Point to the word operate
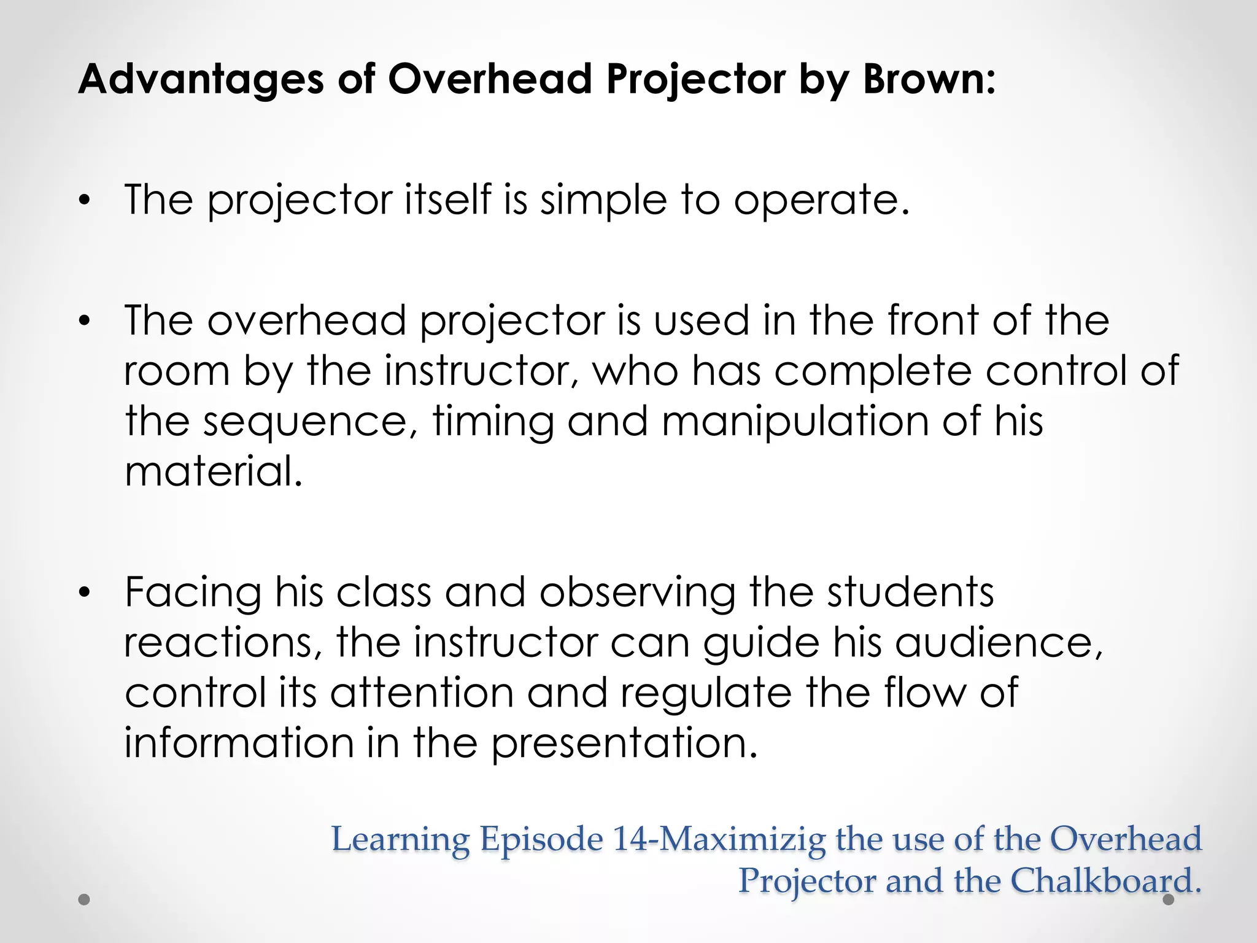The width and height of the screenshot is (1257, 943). (x=822, y=200)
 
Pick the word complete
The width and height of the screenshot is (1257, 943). (x=873, y=371)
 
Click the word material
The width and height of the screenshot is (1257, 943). (x=214, y=471)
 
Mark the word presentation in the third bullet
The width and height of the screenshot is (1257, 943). (x=625, y=743)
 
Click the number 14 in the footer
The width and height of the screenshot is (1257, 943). (x=630, y=839)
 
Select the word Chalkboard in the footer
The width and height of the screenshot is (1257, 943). (x=1105, y=881)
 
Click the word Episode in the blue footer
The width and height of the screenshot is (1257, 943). (x=542, y=839)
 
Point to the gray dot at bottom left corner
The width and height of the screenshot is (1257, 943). (x=85, y=900)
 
